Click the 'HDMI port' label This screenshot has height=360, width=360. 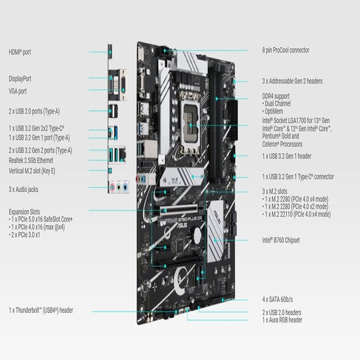pos(20,52)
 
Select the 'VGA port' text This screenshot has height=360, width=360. pos(18,91)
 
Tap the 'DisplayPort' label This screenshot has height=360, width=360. pos(20,79)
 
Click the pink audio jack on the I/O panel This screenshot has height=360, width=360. pos(112,187)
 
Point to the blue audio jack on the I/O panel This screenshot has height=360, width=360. pos(125,187)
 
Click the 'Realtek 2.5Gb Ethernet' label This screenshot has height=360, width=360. pos(31,160)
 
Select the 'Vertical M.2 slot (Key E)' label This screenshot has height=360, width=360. pos(32,171)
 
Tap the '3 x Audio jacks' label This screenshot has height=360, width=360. pos(23,189)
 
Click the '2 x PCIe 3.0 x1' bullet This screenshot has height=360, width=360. pos(24,235)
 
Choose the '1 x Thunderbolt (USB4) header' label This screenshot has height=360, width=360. pos(41,310)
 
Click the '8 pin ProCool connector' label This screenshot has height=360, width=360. pos(286,50)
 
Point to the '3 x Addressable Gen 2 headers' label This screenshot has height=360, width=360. pos(292,81)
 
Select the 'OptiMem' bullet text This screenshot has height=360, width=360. pos(273,111)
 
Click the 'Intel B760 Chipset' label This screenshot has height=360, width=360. pos(281,240)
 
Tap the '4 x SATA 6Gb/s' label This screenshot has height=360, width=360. pos(278,299)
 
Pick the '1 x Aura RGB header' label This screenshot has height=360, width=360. pos(282,320)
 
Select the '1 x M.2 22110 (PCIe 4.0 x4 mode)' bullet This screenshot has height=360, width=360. pos(297,214)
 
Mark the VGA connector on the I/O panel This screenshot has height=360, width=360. pos(123,85)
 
